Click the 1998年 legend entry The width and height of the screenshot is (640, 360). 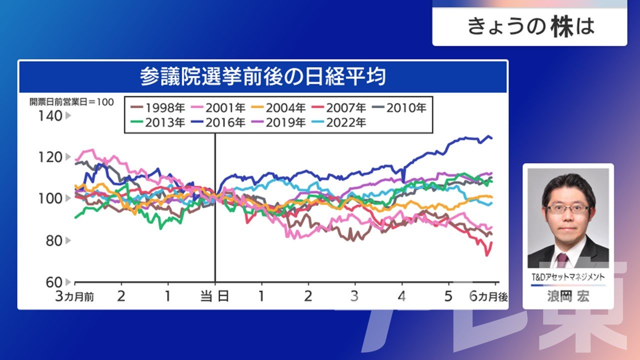(157, 108)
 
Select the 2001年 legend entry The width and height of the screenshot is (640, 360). (218, 108)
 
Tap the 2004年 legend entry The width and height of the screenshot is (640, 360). (278, 108)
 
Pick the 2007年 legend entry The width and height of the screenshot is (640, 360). (339, 108)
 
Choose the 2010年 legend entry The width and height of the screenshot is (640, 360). (399, 108)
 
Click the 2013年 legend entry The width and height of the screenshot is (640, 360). (157, 123)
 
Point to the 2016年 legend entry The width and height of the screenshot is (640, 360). (218, 123)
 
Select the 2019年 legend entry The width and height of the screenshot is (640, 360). (278, 123)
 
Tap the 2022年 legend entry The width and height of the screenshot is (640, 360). (339, 123)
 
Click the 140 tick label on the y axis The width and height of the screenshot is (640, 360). (50, 116)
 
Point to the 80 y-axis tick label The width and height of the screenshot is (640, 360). (54, 241)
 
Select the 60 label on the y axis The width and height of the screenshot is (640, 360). (54, 282)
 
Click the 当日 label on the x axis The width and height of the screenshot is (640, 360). (215, 296)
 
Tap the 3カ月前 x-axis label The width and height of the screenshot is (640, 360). (74, 296)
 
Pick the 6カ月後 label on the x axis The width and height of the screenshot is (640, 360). (488, 296)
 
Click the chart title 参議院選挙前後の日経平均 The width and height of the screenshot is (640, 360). (263, 76)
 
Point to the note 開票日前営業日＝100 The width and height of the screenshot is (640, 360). (71, 102)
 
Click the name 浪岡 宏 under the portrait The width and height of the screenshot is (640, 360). (568, 296)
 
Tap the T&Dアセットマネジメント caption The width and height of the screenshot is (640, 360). (568, 277)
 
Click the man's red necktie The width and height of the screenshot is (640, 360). (562, 260)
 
